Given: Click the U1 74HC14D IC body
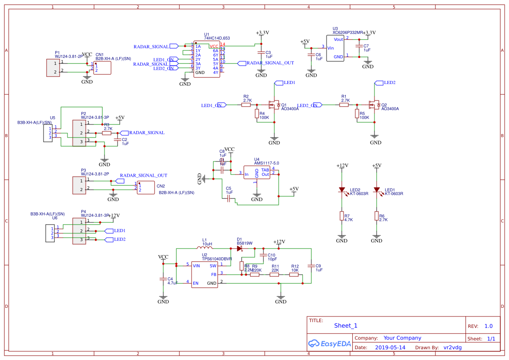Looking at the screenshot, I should tap(207, 60).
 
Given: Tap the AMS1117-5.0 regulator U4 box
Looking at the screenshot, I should tap(257, 172).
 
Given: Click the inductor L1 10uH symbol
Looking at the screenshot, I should tap(207, 249).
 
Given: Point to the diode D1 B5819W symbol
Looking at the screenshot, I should tap(239, 249).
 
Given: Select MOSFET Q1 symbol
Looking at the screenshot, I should tap(274, 105).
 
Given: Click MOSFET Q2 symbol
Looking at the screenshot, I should tap(374, 105).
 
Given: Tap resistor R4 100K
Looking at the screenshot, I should tap(257, 114).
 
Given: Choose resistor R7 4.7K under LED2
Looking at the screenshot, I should tap(342, 216).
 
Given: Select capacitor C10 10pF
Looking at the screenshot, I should tap(263, 255).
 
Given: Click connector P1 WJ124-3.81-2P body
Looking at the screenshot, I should tap(53, 67).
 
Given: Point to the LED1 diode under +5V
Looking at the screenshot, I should tap(377, 190).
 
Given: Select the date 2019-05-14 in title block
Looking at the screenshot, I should tap(390, 347).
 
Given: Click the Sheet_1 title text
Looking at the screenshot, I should tap(346, 326).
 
